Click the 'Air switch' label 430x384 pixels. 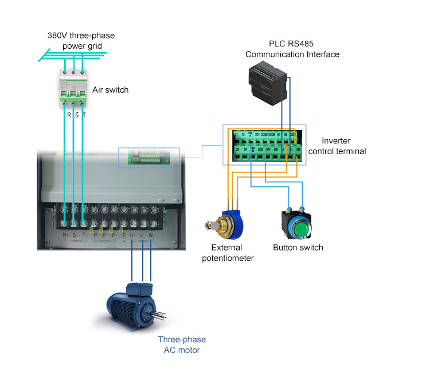[x=110, y=90]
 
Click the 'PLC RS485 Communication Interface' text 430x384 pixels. [x=292, y=49]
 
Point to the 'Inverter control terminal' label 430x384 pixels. [x=337, y=146]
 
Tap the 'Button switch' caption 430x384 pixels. [x=298, y=248]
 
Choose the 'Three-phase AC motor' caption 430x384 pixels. [x=182, y=345]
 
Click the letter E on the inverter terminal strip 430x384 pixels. [x=124, y=235]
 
